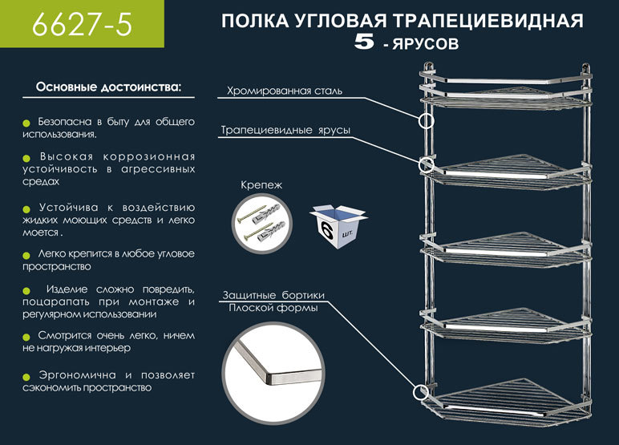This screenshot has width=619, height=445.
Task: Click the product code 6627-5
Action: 81,25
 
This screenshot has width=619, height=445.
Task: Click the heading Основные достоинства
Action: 109,86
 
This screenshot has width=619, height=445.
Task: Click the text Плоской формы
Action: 273,309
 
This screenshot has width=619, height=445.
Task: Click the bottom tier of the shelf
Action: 505,405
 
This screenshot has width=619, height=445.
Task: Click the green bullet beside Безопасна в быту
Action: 26,122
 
